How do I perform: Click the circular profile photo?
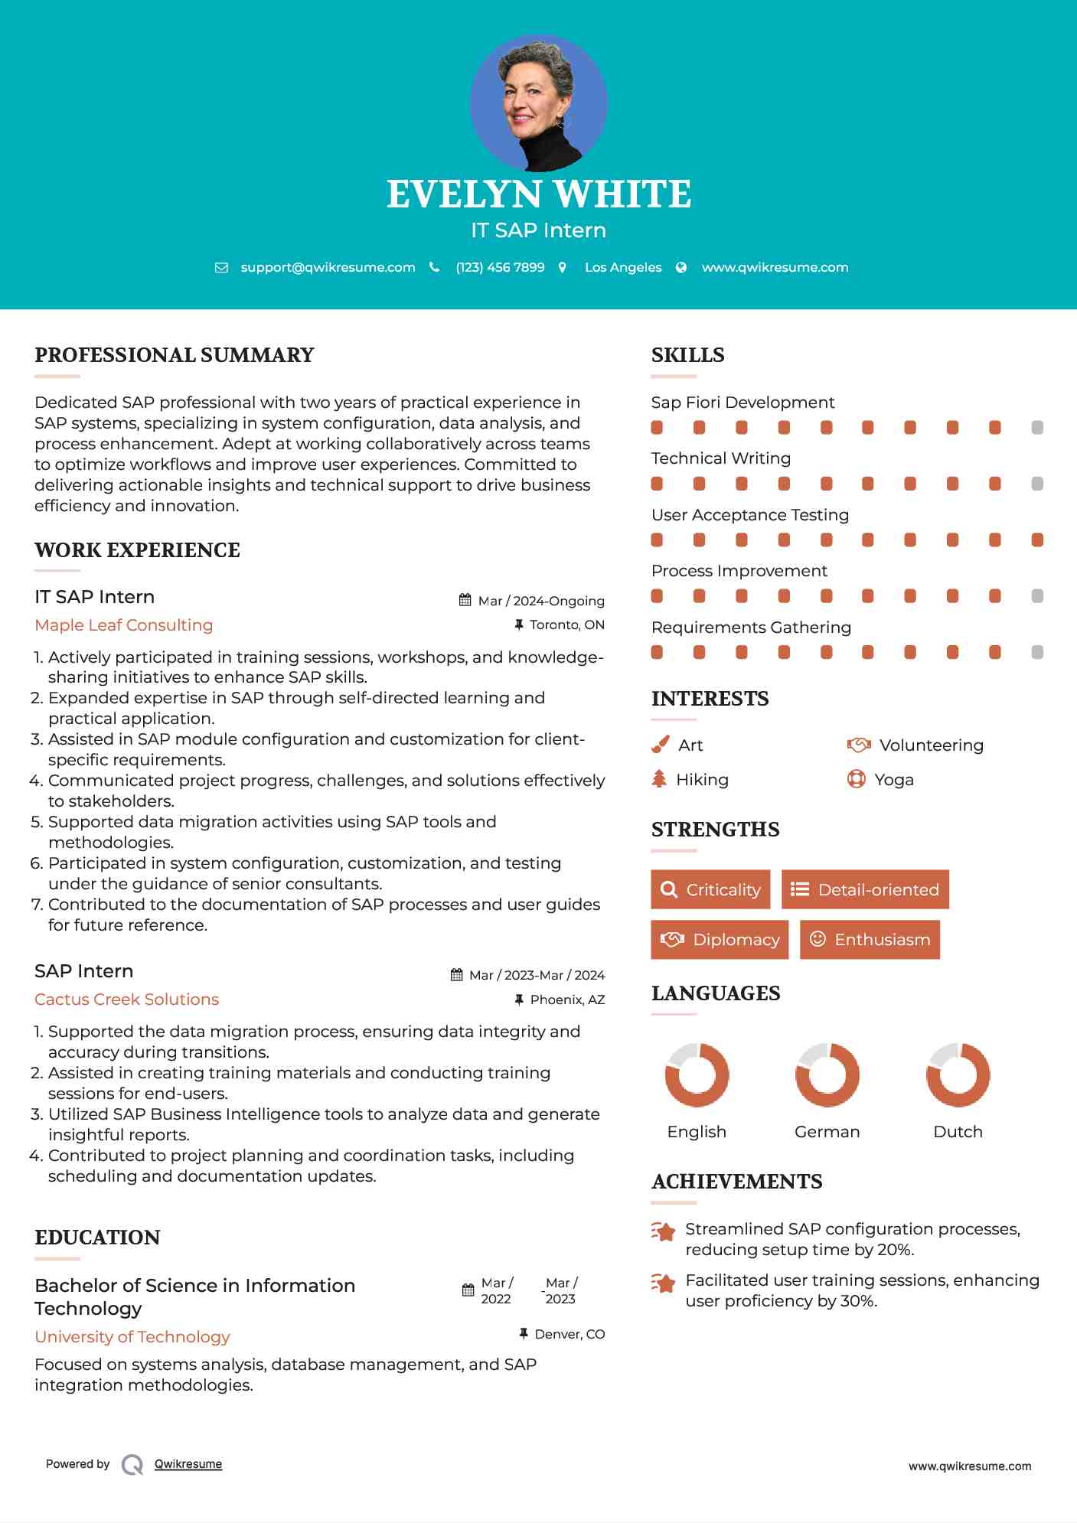tap(538, 103)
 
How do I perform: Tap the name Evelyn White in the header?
tap(538, 194)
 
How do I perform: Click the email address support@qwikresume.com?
tap(328, 267)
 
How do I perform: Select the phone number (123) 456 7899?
tap(500, 267)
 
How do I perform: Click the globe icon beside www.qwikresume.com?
tap(681, 267)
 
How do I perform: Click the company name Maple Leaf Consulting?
tap(124, 625)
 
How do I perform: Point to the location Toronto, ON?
tap(566, 625)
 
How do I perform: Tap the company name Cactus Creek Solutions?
tap(127, 1000)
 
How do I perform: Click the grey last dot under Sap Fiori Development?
tap(1037, 427)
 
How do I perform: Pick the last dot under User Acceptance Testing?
tap(1037, 540)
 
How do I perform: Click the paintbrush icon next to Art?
tap(660, 745)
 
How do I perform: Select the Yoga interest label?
tap(894, 780)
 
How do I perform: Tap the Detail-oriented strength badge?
tap(865, 889)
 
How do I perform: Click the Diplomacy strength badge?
tap(719, 940)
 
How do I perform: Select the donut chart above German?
tap(827, 1075)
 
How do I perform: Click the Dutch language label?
tap(958, 1132)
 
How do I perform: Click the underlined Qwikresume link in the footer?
tap(188, 1464)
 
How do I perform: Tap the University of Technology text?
tap(132, 1337)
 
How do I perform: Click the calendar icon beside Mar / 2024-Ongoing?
tap(465, 600)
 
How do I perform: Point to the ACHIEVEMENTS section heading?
tap(736, 1182)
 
